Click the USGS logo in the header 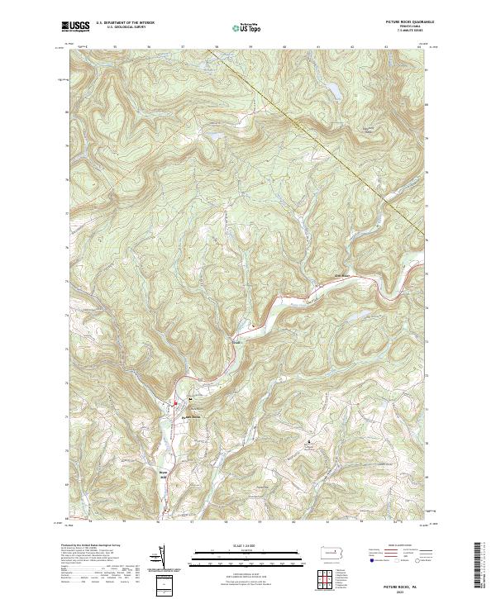[x=75, y=27]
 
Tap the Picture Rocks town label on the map [x=191, y=416]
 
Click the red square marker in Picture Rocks [x=174, y=404]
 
